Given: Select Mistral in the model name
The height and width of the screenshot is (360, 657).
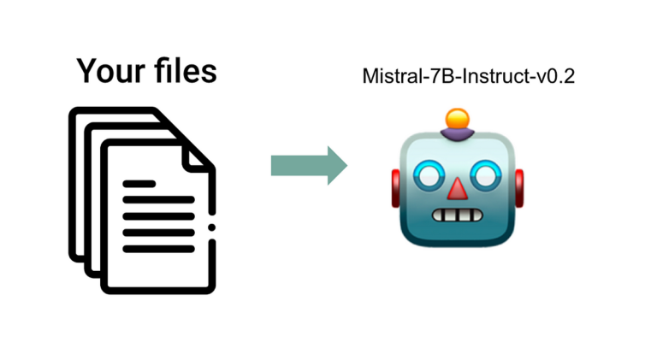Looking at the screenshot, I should (x=388, y=77).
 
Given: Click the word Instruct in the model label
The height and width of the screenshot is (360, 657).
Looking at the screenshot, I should (x=482, y=77).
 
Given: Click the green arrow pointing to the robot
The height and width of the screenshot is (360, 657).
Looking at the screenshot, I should (x=309, y=165).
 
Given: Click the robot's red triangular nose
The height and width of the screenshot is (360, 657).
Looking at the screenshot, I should (x=459, y=188).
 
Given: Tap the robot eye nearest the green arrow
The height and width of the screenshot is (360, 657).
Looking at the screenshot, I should (x=429, y=175).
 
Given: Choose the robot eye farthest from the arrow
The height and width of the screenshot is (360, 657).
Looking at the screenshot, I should (x=488, y=175).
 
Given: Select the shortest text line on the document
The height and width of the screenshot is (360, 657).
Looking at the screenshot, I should (x=139, y=183).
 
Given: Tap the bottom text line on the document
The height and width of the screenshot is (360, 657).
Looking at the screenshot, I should (x=159, y=249).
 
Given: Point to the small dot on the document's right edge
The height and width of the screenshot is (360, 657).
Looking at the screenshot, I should (x=211, y=226).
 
